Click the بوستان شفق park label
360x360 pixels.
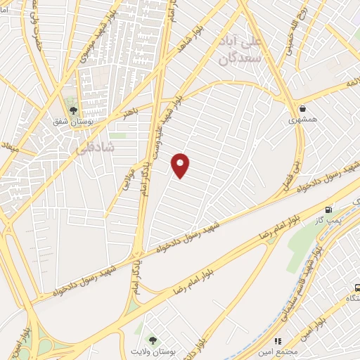pos(73,121)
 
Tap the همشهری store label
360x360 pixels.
pos(303,120)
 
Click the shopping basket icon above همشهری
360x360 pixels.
pos(303,108)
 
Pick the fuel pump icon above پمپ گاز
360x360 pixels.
pos(330,209)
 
